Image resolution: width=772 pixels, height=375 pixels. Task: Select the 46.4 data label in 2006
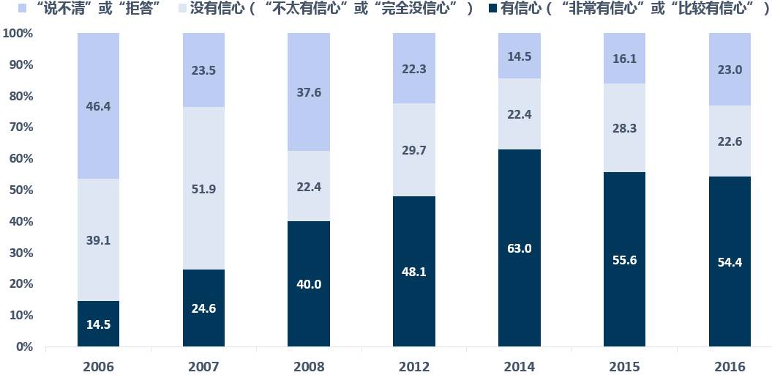(97, 106)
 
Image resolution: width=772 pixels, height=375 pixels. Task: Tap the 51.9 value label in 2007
(203, 189)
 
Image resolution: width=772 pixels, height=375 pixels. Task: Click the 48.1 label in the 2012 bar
(413, 271)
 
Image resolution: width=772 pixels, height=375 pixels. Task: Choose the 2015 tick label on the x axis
(624, 365)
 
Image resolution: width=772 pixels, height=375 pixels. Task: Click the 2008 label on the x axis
(308, 365)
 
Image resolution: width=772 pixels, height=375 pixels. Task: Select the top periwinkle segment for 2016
(730, 70)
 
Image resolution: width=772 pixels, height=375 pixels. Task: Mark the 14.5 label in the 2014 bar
(519, 56)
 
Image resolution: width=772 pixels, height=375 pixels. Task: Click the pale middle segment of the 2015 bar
(624, 128)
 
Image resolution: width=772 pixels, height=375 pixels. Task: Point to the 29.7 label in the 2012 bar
(413, 150)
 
